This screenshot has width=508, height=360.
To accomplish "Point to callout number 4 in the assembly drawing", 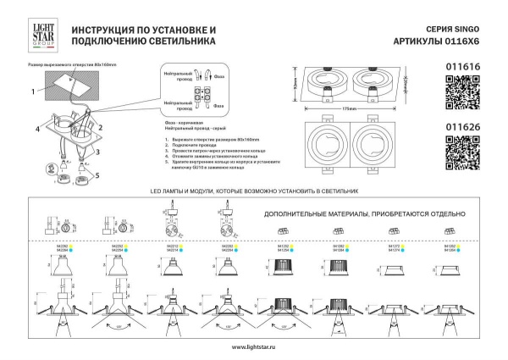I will coord(38,129).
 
